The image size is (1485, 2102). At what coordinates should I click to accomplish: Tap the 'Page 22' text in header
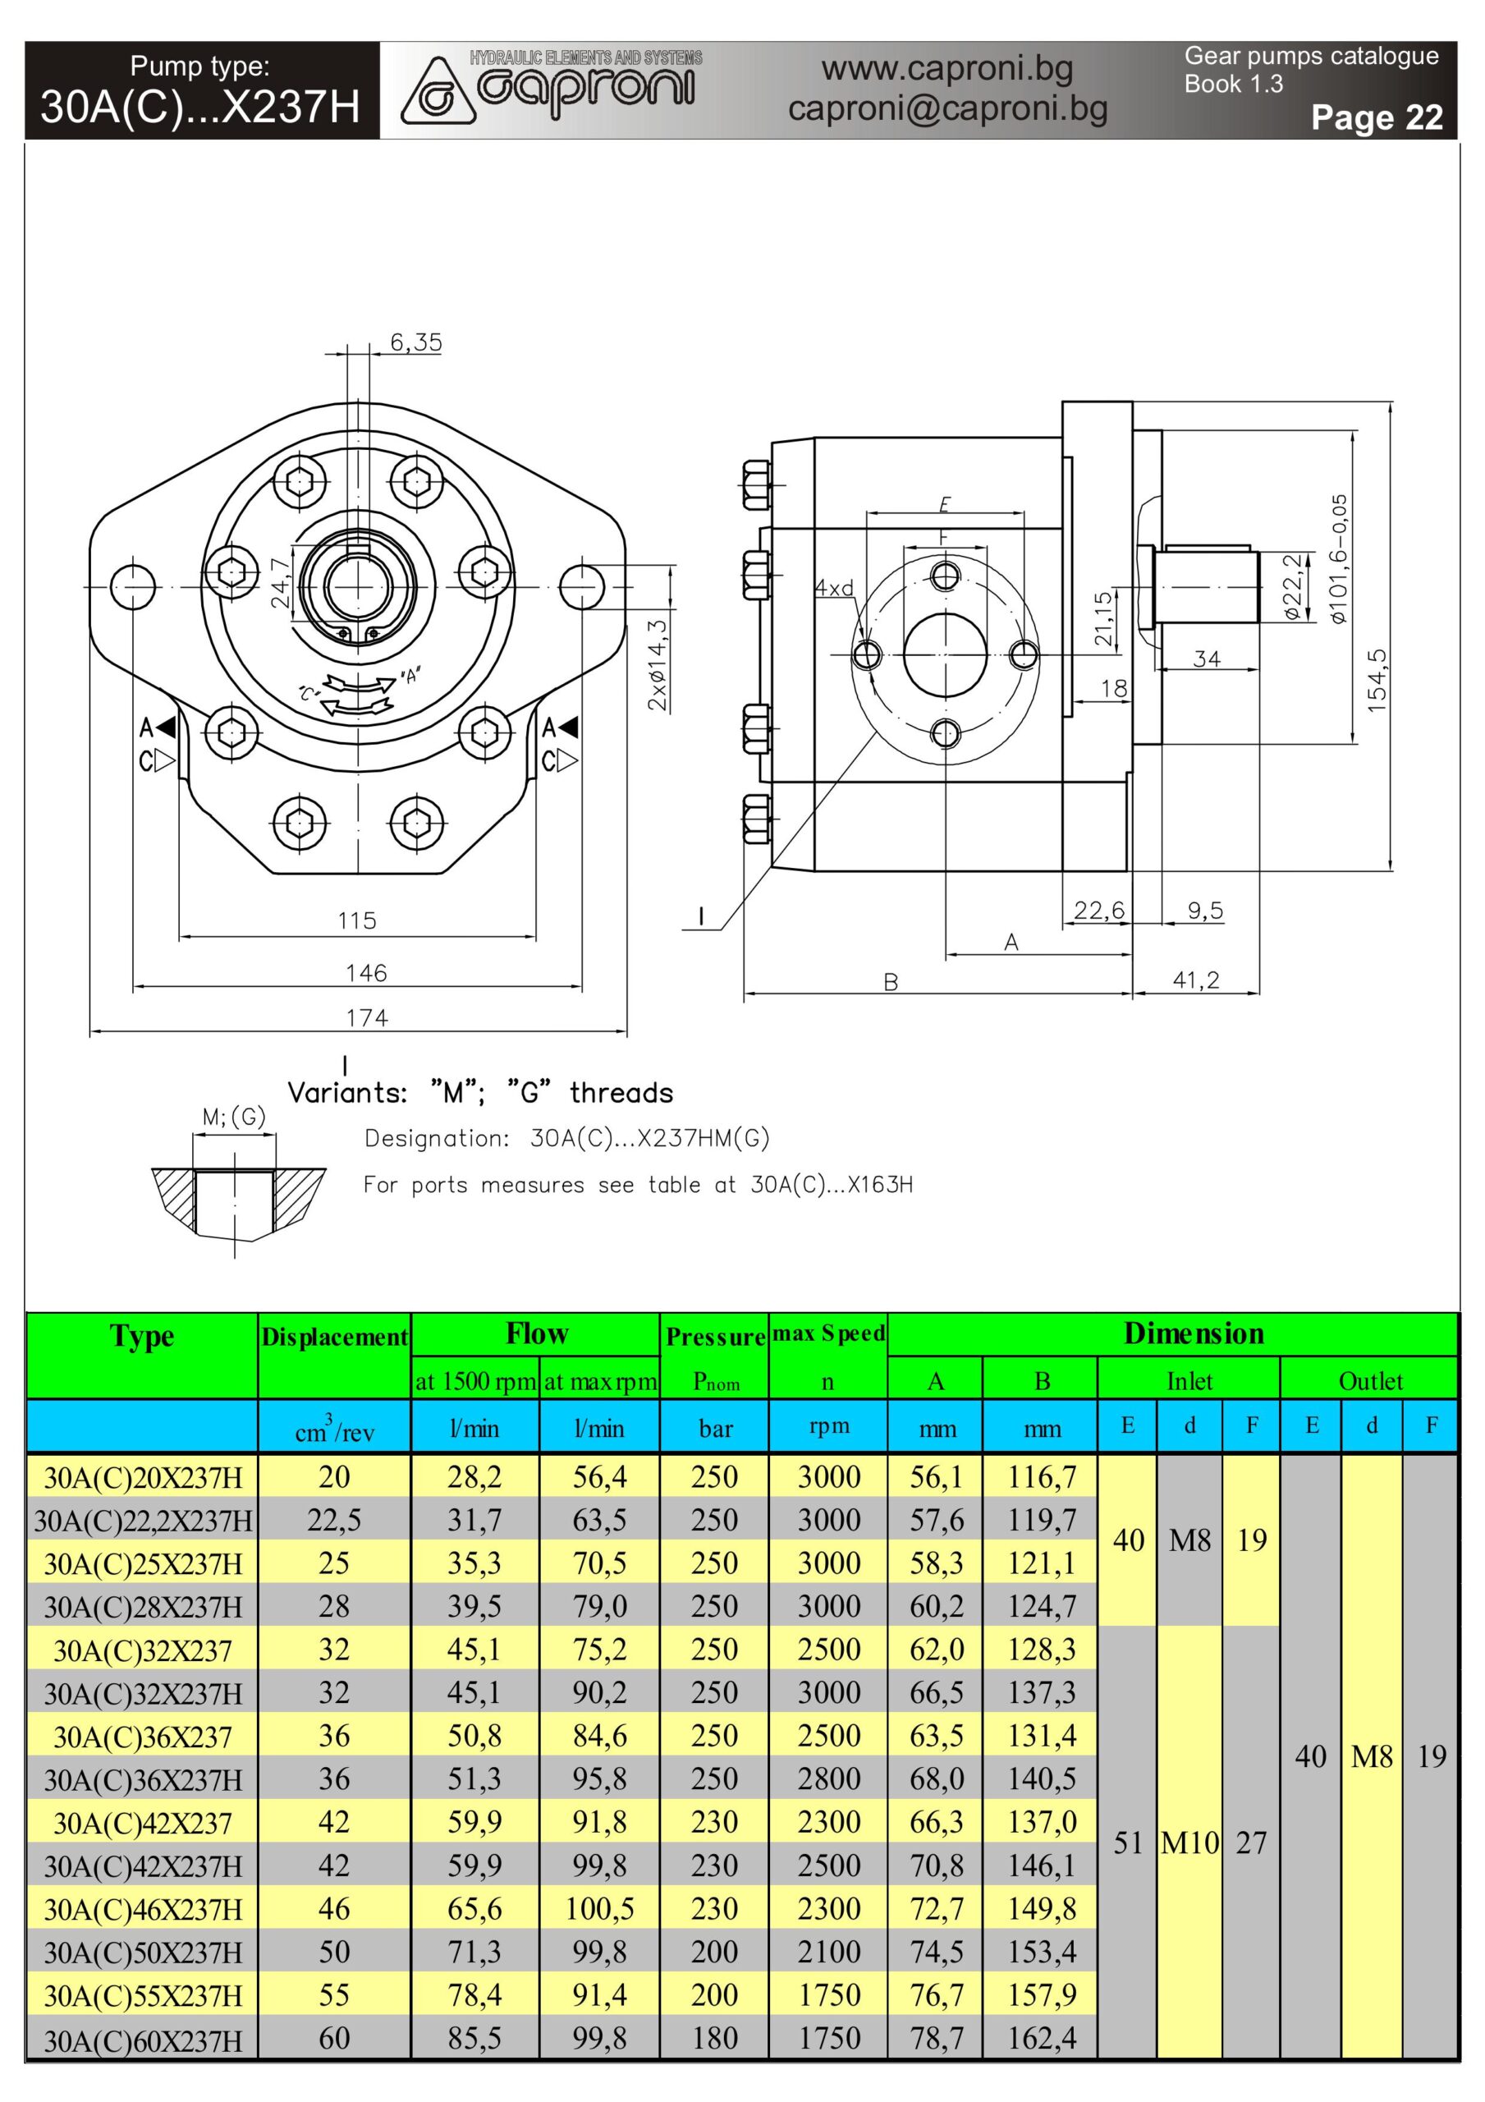(x=1376, y=117)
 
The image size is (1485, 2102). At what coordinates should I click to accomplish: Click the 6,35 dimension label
(x=415, y=342)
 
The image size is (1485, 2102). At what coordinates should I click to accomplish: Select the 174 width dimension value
(x=366, y=1017)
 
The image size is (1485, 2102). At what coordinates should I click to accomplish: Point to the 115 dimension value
(x=356, y=920)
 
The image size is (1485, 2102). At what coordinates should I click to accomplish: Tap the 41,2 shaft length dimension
(x=1197, y=980)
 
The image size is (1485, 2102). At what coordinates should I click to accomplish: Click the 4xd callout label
(x=834, y=588)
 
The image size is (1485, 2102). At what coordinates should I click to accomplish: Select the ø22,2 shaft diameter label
(x=1292, y=587)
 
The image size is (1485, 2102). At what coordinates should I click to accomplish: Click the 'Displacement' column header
(x=334, y=1337)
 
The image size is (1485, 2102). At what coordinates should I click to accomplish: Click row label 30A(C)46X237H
(x=143, y=1910)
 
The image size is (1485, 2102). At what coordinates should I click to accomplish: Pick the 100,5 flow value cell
(x=600, y=1909)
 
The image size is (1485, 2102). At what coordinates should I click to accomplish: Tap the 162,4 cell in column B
(x=1041, y=2038)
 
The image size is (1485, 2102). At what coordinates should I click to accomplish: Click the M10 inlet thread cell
(x=1189, y=1842)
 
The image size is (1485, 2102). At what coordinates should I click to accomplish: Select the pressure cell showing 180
(x=714, y=2038)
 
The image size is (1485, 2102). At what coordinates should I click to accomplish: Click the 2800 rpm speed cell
(x=828, y=1778)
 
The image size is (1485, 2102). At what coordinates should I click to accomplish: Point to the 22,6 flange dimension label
(x=1098, y=910)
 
